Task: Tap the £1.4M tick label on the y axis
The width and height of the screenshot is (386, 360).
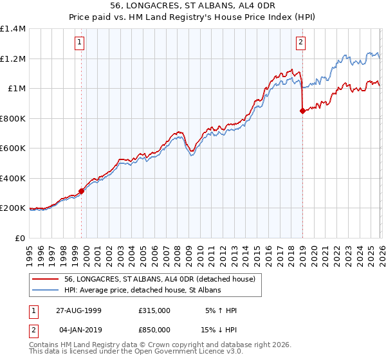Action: pyautogui.click(x=13, y=29)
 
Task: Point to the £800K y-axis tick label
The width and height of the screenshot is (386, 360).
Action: pyautogui.click(x=12, y=118)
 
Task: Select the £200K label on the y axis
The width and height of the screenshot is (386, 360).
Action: pyautogui.click(x=12, y=208)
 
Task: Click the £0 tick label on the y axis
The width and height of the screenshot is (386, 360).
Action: pyautogui.click(x=19, y=238)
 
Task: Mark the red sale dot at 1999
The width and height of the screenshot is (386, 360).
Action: pyautogui.click(x=82, y=191)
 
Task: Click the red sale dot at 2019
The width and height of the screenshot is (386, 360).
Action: pyautogui.click(x=302, y=111)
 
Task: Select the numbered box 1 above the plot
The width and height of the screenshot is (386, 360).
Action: pyautogui.click(x=80, y=43)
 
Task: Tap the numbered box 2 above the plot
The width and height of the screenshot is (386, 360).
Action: pyautogui.click(x=300, y=43)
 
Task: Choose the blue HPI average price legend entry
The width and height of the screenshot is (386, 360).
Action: pyautogui.click(x=142, y=291)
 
